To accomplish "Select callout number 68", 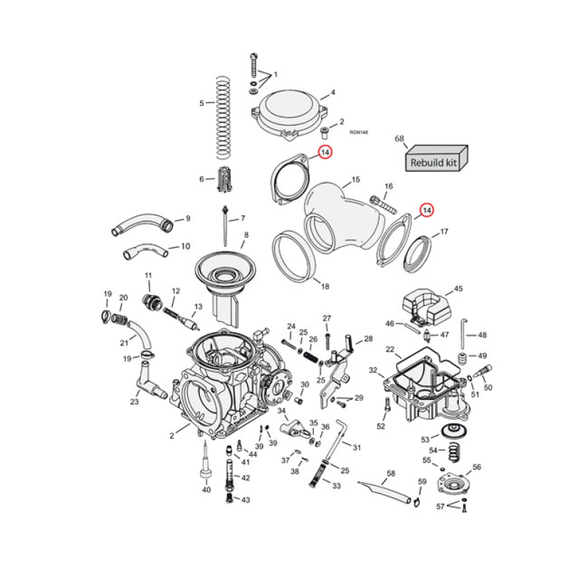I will [x=400, y=139].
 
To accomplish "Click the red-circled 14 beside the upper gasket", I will [x=325, y=152].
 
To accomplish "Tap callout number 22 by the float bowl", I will [x=145, y=252].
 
